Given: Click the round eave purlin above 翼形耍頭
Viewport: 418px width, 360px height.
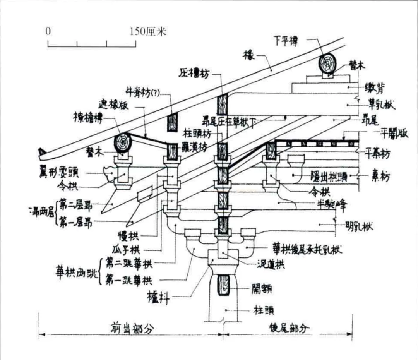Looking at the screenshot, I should [x=123, y=142].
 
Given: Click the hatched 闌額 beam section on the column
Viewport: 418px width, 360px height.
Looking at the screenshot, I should [x=223, y=285].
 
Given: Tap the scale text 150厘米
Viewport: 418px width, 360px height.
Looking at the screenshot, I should [x=147, y=31].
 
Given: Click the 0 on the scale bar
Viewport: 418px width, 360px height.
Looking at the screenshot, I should [x=48, y=31].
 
